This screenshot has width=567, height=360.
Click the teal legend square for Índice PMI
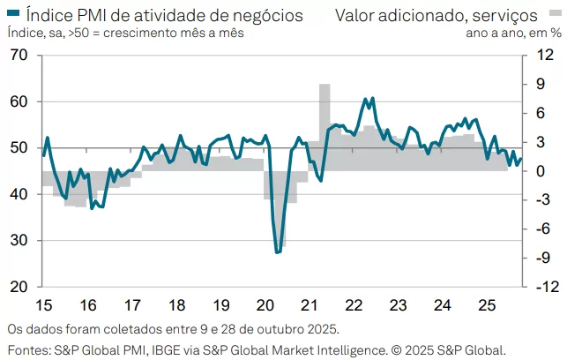point(12,14)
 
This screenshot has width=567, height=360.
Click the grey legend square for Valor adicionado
point(327,14)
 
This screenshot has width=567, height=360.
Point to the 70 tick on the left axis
point(19,55)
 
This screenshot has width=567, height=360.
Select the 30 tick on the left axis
point(19,240)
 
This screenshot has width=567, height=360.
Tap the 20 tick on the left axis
point(19,287)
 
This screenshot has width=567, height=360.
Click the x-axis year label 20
point(265,305)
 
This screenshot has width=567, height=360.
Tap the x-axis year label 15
point(42,305)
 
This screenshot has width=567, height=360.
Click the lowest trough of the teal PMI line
point(278,252)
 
